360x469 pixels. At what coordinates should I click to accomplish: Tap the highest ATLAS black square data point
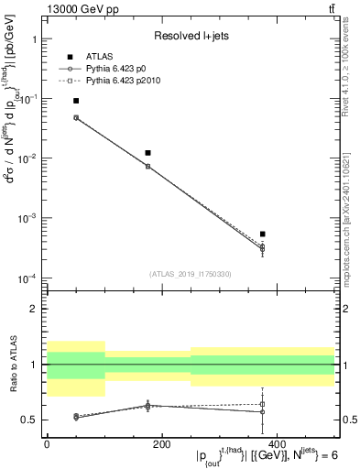(76, 101)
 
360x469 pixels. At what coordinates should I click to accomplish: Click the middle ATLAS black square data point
(147, 153)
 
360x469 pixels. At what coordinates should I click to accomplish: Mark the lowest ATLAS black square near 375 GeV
(262, 234)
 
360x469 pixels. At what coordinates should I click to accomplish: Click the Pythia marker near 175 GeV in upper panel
(147, 167)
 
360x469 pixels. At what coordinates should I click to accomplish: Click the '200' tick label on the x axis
(161, 444)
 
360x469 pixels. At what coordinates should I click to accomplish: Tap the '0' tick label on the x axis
(47, 444)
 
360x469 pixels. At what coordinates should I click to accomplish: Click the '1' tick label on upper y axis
(34, 40)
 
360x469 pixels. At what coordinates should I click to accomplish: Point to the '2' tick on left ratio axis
(34, 310)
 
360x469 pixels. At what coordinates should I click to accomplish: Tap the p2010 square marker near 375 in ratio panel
(262, 404)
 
